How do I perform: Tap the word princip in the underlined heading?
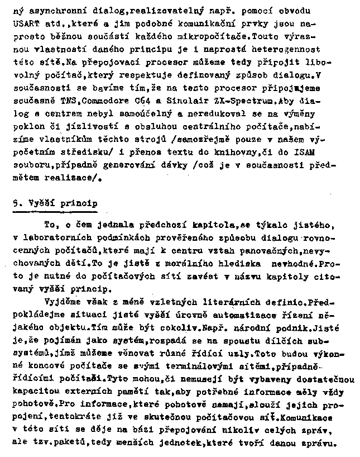click(x=78, y=203)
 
